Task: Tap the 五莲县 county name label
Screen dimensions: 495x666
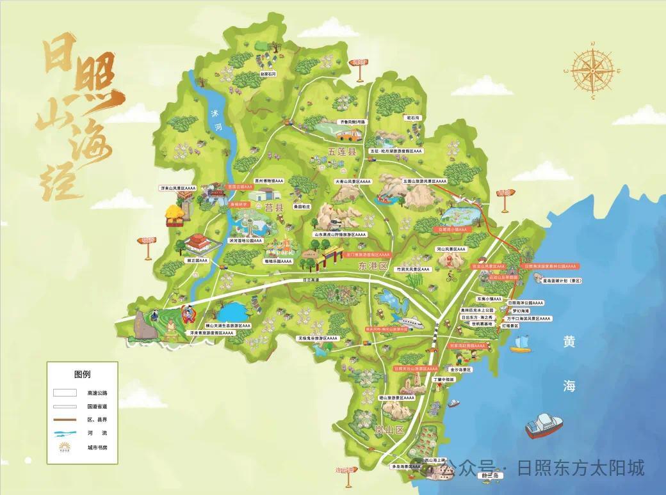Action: [341, 152]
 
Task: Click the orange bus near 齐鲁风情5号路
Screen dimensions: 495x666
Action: [349, 135]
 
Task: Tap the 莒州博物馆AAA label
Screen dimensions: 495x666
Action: [268, 181]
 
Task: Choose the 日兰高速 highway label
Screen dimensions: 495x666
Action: [311, 280]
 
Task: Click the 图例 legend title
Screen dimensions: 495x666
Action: [83, 373]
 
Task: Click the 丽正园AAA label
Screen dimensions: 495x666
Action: [195, 261]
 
